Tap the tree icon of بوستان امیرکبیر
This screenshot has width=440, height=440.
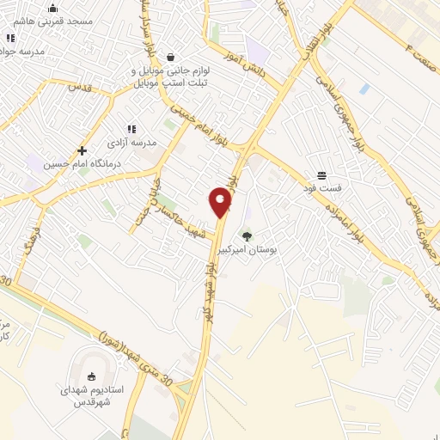pyautogui.click(x=247, y=235)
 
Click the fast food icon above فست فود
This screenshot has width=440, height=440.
pyautogui.click(x=321, y=175)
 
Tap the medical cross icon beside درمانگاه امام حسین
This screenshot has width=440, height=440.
pyautogui.click(x=82, y=150)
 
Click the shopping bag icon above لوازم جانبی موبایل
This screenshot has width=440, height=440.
pyautogui.click(x=170, y=58)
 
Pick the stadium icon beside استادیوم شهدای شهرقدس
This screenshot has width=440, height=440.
pyautogui.click(x=92, y=375)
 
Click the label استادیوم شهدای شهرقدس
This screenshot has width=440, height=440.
pyautogui.click(x=92, y=394)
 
